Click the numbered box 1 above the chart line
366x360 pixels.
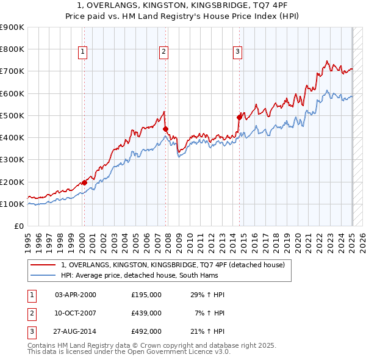82,52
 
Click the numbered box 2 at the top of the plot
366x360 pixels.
164,52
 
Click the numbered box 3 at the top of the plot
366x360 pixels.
237,52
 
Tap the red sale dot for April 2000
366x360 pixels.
84,182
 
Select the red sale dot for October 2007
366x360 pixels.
165,129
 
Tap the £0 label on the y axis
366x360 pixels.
18,226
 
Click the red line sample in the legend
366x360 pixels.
43,265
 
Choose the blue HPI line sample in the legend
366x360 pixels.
43,275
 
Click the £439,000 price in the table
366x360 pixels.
146,313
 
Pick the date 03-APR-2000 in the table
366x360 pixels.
76,295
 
